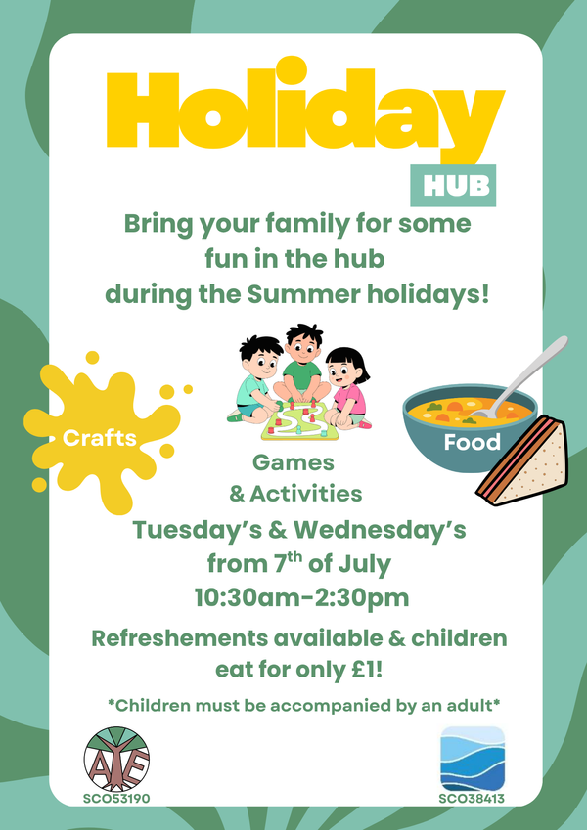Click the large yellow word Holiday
pyautogui.click(x=305, y=111)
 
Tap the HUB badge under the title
pyautogui.click(x=453, y=186)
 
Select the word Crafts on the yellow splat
pyautogui.click(x=100, y=438)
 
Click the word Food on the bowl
pyautogui.click(x=472, y=442)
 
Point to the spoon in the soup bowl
pyautogui.click(x=519, y=374)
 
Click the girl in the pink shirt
pyautogui.click(x=347, y=387)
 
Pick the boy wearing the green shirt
pyautogui.click(x=301, y=367)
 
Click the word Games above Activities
pyautogui.click(x=293, y=463)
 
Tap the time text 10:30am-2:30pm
pyautogui.click(x=302, y=598)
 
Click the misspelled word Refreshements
pyautogui.click(x=180, y=638)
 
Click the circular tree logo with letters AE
pyautogui.click(x=116, y=759)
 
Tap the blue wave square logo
pyautogui.click(x=473, y=759)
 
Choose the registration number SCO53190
pyautogui.click(x=116, y=799)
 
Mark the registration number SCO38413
pyautogui.click(x=472, y=799)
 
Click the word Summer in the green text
pyautogui.click(x=300, y=295)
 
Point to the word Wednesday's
pyautogui.click(x=380, y=531)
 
